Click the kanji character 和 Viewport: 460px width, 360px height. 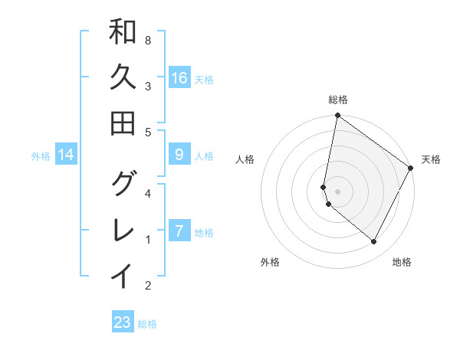pyautogui.click(x=123, y=32)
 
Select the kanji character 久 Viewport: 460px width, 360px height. pyautogui.click(x=123, y=77)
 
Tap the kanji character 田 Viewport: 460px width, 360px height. pyautogui.click(x=123, y=123)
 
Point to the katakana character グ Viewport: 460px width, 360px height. pyautogui.click(x=123, y=183)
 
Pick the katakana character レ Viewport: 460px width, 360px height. pyautogui.click(x=123, y=228)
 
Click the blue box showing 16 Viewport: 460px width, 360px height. pyautogui.click(x=179, y=78)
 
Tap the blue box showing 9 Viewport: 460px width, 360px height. pyautogui.click(x=179, y=155)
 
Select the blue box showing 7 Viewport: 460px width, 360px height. pyautogui.click(x=179, y=231)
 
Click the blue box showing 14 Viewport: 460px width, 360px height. pyautogui.click(x=67, y=155)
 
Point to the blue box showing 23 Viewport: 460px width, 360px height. pyautogui.click(x=123, y=322)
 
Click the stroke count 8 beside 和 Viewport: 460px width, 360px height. pyautogui.click(x=147, y=40)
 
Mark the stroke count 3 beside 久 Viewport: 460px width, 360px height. pyautogui.click(x=147, y=86)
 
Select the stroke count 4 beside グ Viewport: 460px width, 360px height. pyautogui.click(x=147, y=193)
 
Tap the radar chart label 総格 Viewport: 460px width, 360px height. pyautogui.click(x=338, y=100)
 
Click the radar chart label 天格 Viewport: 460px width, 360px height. pyautogui.click(x=431, y=159)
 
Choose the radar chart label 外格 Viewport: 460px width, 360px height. pyautogui.click(x=270, y=262)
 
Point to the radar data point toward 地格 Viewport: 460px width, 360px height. pyautogui.click(x=374, y=242)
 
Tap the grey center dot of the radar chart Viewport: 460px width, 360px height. pyautogui.click(x=338, y=191)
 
